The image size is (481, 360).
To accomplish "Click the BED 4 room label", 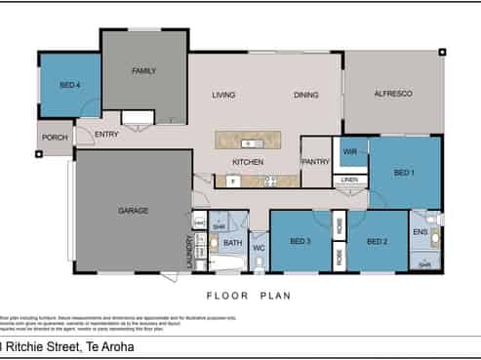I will point(70,85).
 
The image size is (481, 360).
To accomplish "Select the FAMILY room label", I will point(144,70).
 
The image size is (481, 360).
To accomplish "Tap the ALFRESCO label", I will point(392,94).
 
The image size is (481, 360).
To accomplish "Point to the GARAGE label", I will point(133,210).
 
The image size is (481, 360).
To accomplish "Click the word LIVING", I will point(226,95).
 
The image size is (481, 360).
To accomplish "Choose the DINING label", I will point(306,95).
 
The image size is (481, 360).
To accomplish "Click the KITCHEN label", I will point(247,162).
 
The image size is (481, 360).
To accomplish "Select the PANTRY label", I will point(315,162).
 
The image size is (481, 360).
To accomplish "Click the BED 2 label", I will point(378,241).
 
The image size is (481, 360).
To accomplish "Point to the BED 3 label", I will point(300,241).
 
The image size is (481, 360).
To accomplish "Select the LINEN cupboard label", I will point(349,180).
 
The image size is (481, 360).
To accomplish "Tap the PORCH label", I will point(55,138).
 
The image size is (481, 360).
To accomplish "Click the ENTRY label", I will point(106,134).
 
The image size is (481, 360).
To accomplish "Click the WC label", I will point(259,249).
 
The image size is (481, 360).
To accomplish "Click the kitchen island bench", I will point(250,143).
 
